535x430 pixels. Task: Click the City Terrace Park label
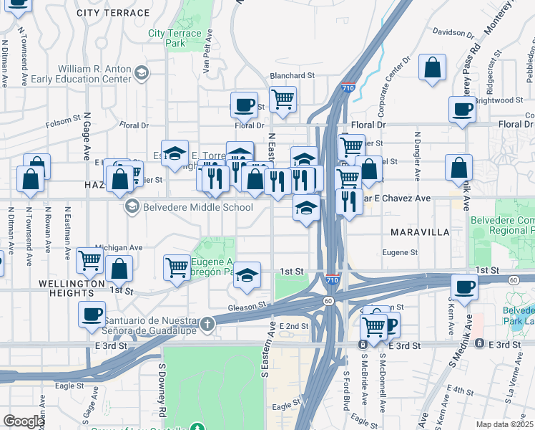tap(176, 38)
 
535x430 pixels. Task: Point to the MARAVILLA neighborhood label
tap(419, 233)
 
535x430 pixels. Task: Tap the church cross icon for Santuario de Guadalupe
tap(207, 323)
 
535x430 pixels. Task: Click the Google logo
tap(24, 421)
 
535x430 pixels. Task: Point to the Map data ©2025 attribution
tap(505, 424)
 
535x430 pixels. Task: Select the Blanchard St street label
tap(292, 75)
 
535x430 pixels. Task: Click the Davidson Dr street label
tap(448, 32)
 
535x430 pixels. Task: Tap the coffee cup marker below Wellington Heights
tap(92, 314)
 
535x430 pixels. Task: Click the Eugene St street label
tap(400, 252)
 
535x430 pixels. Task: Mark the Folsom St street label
tap(64, 119)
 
